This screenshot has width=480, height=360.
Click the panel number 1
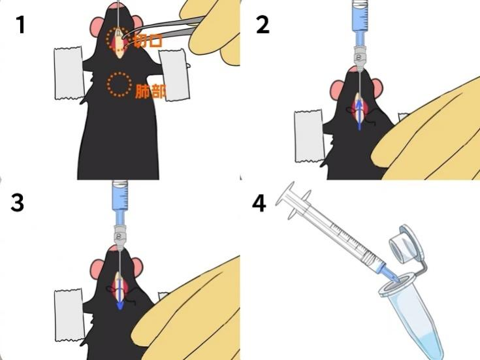coord(20,25)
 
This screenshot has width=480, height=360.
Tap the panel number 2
coord(263,25)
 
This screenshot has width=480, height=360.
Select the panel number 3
coord(17,203)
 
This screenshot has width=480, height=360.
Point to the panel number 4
coord(259,203)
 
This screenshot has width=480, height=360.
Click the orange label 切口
coord(148,40)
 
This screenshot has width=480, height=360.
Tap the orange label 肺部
coord(151,91)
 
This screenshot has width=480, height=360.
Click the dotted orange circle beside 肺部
coord(120,84)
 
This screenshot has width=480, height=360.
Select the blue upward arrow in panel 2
coord(360,116)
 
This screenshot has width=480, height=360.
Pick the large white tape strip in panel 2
coord(308,136)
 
